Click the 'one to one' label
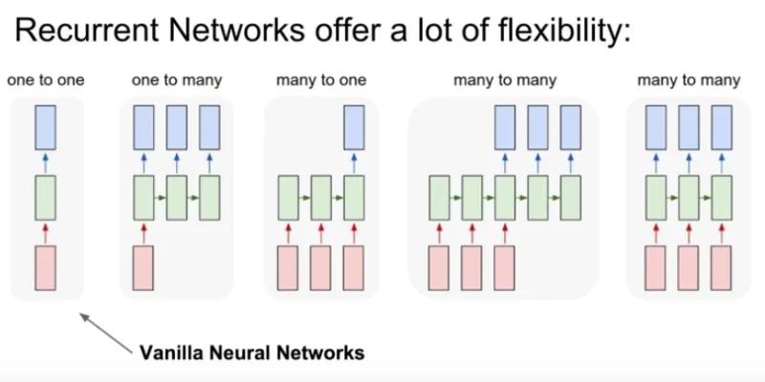(45, 80)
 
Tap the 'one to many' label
(177, 80)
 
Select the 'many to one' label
(321, 80)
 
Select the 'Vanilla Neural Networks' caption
(251, 351)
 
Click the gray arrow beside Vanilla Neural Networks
(106, 332)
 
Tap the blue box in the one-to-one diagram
(45, 127)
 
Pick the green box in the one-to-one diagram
(45, 198)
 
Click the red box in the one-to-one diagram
(45, 268)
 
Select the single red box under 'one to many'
(143, 268)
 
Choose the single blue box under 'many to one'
(354, 127)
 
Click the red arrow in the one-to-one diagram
(45, 233)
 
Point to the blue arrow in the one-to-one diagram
(45, 163)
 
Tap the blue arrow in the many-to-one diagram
(354, 163)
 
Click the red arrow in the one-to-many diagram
(143, 233)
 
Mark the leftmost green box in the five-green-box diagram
(440, 198)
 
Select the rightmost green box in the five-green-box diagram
(570, 198)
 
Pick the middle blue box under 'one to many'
(177, 127)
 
